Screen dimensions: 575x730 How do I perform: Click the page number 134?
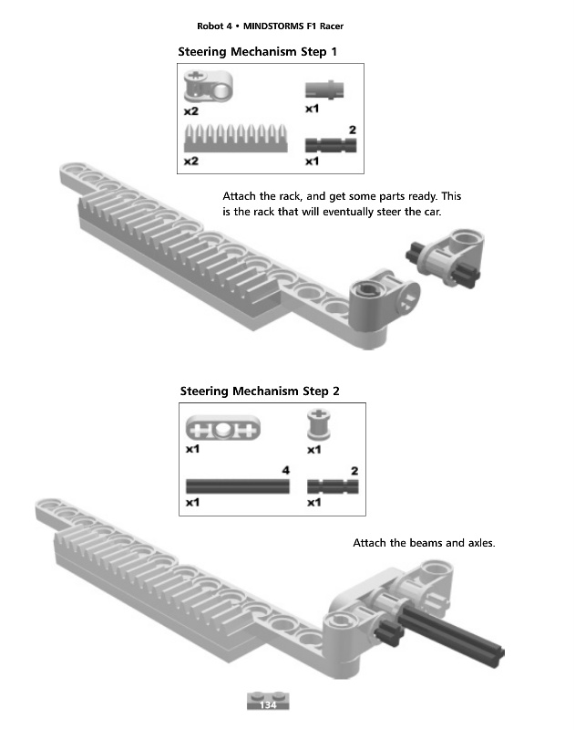268,704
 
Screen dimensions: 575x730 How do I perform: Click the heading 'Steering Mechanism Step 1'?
257,52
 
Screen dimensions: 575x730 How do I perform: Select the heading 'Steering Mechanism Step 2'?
260,391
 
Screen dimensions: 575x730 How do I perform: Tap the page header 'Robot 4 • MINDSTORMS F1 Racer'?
270,26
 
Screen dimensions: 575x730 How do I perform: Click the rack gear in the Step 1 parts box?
236,139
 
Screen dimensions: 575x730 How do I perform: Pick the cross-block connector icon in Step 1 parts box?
208,86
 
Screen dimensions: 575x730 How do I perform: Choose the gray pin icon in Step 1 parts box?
324,89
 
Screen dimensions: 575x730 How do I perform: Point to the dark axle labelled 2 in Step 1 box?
331,145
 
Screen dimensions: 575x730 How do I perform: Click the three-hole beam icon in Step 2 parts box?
222,428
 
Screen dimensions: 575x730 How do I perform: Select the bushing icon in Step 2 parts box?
318,424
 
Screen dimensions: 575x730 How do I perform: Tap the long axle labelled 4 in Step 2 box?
238,486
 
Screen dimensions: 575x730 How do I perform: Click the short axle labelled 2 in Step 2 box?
333,486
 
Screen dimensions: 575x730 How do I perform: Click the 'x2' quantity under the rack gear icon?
191,162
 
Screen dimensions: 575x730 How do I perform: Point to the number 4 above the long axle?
285,470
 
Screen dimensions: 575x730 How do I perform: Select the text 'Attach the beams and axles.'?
424,543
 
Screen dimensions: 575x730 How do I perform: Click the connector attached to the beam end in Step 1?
385,298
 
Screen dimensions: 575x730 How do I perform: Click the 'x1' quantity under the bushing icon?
313,450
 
